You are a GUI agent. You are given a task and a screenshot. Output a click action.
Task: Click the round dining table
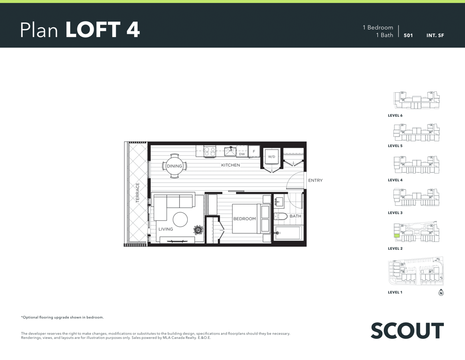pos(174,166)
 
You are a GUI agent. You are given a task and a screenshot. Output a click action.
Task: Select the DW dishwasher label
pos(242,154)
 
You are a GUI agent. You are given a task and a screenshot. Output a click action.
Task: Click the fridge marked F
pos(254,151)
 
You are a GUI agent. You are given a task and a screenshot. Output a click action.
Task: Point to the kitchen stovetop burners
pos(210,151)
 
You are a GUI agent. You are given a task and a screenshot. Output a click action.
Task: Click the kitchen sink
pos(230,151)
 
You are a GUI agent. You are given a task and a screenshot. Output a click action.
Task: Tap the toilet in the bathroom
pos(280,217)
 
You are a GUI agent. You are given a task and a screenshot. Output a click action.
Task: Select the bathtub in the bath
pos(288,233)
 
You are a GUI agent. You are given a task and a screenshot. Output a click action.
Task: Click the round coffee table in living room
pos(180,220)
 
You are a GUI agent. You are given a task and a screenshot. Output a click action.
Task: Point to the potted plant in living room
pos(198,230)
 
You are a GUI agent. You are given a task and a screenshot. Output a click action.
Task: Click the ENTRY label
pos(315,180)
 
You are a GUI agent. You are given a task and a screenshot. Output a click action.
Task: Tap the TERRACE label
pos(137,193)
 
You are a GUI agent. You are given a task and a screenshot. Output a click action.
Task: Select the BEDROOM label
pos(244,219)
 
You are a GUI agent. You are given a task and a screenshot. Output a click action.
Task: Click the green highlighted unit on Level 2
pos(397,236)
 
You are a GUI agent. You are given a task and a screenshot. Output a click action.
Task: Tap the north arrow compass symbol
pos(441,292)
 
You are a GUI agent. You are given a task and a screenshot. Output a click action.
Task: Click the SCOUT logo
pos(407,331)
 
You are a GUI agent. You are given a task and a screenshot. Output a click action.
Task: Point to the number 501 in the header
pos(408,35)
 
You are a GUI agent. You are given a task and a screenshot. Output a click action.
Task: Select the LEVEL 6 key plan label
pos(395,115)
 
